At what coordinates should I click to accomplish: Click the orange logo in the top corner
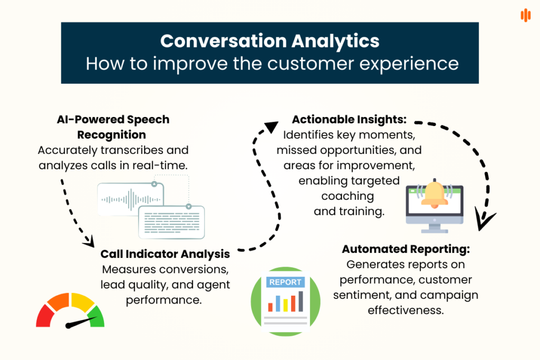pos(525,15)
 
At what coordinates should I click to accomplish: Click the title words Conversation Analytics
pos(269,41)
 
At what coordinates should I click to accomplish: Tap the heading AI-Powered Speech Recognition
pos(113,127)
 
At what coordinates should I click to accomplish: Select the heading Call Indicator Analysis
pos(165,254)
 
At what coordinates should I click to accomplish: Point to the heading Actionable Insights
pos(349,120)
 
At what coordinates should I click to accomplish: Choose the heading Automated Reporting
pos(406,249)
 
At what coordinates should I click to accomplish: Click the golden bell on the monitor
pos(435,194)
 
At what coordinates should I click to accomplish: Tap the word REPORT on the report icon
pos(286,282)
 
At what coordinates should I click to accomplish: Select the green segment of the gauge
pos(95,317)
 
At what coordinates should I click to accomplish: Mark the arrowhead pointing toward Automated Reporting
pos(484,220)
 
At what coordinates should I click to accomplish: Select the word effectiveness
pos(406,310)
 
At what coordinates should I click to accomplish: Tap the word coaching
pos(348,197)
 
